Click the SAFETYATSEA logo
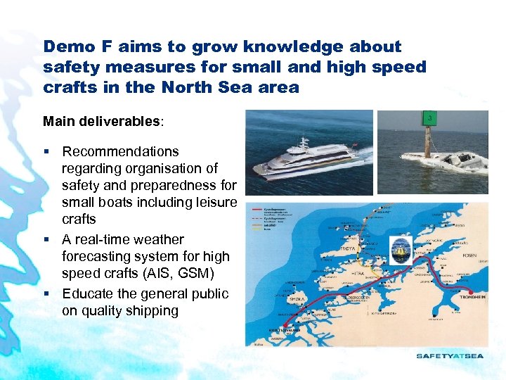[450, 355]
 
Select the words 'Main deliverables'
[102, 121]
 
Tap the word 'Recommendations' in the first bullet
[120, 151]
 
